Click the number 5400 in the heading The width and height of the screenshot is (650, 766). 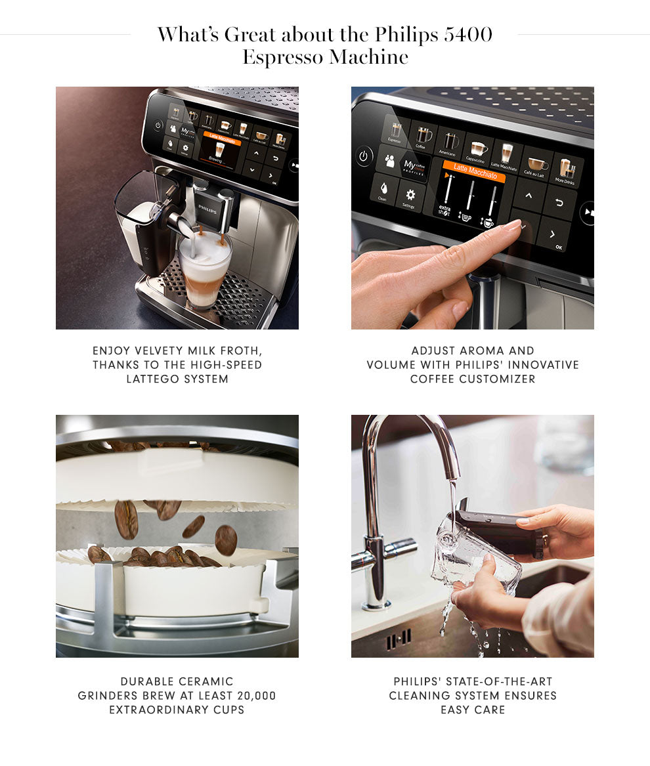[467, 35]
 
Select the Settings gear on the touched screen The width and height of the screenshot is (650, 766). [410, 197]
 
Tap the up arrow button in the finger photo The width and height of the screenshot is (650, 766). [529, 196]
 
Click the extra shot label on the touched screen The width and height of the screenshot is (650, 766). [445, 210]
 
